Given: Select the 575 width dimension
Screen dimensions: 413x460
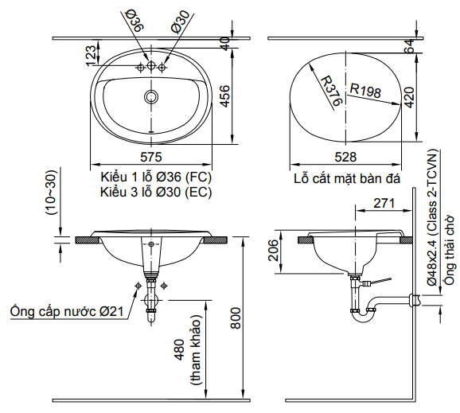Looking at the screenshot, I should click(x=151, y=156).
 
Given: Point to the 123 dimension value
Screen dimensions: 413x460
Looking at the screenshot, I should click(x=91, y=53).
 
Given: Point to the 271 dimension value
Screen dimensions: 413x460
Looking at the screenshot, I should click(x=384, y=204).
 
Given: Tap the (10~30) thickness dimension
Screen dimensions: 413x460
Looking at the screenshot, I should click(x=50, y=192).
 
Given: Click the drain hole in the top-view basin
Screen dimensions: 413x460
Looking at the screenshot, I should click(x=151, y=96).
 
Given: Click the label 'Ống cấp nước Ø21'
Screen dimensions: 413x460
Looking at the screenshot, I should click(x=67, y=312).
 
